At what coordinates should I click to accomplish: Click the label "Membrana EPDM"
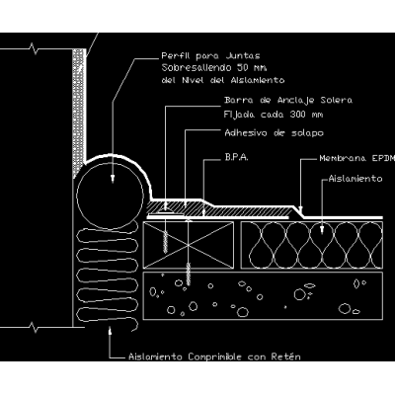pos(357,158)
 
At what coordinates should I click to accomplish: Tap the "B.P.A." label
pos(237,157)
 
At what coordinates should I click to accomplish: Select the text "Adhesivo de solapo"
pos(274,133)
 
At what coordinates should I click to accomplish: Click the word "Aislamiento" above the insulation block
pos(355,179)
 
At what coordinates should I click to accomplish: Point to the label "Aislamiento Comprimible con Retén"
pos(214,356)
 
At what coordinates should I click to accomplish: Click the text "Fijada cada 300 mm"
pos(274,115)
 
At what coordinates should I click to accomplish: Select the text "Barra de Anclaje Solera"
pos(288,100)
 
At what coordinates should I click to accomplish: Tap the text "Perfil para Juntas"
pos(210,56)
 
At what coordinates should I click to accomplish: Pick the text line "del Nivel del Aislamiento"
pos(223,80)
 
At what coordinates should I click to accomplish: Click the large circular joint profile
pos(110,197)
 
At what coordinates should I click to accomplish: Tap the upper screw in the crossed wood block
pos(165,242)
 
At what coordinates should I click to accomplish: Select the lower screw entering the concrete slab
pos(189,274)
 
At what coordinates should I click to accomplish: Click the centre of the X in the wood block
pos(189,245)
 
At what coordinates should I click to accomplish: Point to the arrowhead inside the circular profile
pos(113,179)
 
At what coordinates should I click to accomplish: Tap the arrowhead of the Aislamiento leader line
pos(322,229)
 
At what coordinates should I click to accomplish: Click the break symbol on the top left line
pos(34,49)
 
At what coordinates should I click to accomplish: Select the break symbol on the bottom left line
pos(34,328)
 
